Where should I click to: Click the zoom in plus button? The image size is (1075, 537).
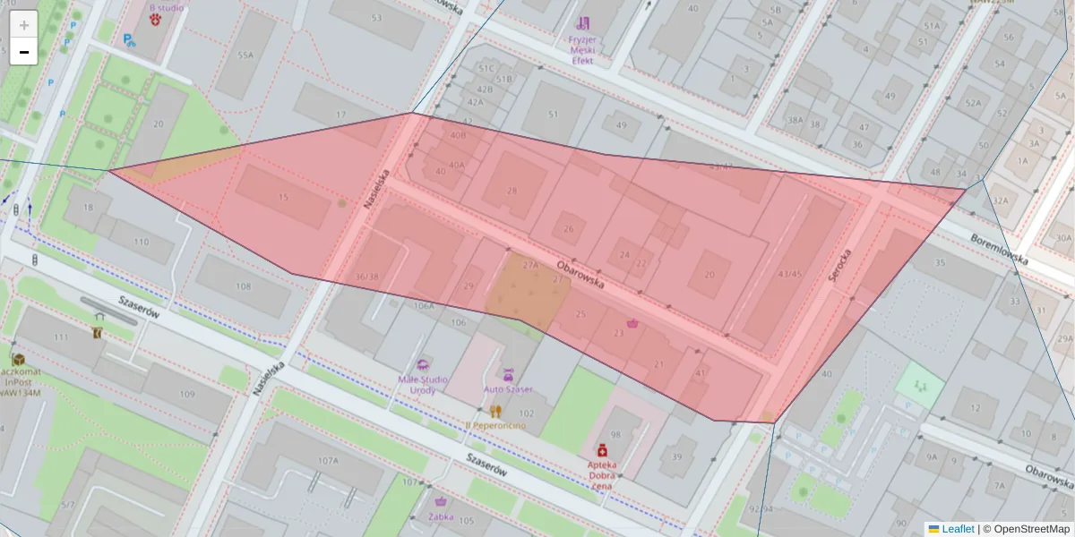coord(24,25)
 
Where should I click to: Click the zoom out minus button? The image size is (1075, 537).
coord(24,52)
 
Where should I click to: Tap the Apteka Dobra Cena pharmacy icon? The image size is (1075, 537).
coord(602,450)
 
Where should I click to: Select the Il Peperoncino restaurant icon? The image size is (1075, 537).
coord(495,411)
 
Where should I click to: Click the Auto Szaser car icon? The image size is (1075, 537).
coord(508,374)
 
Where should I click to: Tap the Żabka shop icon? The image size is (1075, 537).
coord(440,502)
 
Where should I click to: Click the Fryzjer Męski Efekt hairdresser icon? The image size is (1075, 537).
coord(583,23)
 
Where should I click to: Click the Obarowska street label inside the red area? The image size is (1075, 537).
coord(580,274)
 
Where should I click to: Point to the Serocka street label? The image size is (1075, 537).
coord(837,266)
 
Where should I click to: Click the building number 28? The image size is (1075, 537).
coord(512,190)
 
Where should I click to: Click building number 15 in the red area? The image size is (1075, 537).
coord(284,197)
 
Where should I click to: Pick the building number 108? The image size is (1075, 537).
coord(244,286)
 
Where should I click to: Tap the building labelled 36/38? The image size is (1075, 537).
coord(366,277)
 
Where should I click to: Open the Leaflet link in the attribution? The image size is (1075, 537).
coord(958,529)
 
